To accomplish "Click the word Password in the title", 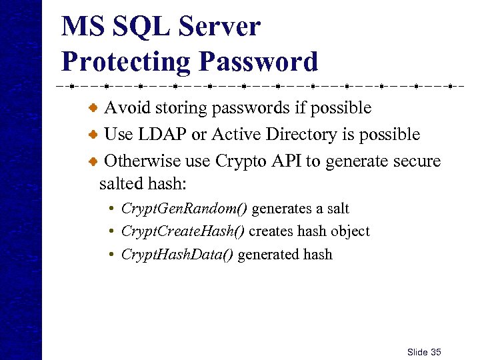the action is point(257,61).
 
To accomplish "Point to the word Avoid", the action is point(124,107).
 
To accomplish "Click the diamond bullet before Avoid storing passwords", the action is point(95,107).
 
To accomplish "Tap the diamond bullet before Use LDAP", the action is point(95,135).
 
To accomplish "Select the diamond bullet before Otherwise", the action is point(95,161).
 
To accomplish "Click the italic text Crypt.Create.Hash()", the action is point(182,231).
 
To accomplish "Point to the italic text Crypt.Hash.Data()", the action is point(177,254).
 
